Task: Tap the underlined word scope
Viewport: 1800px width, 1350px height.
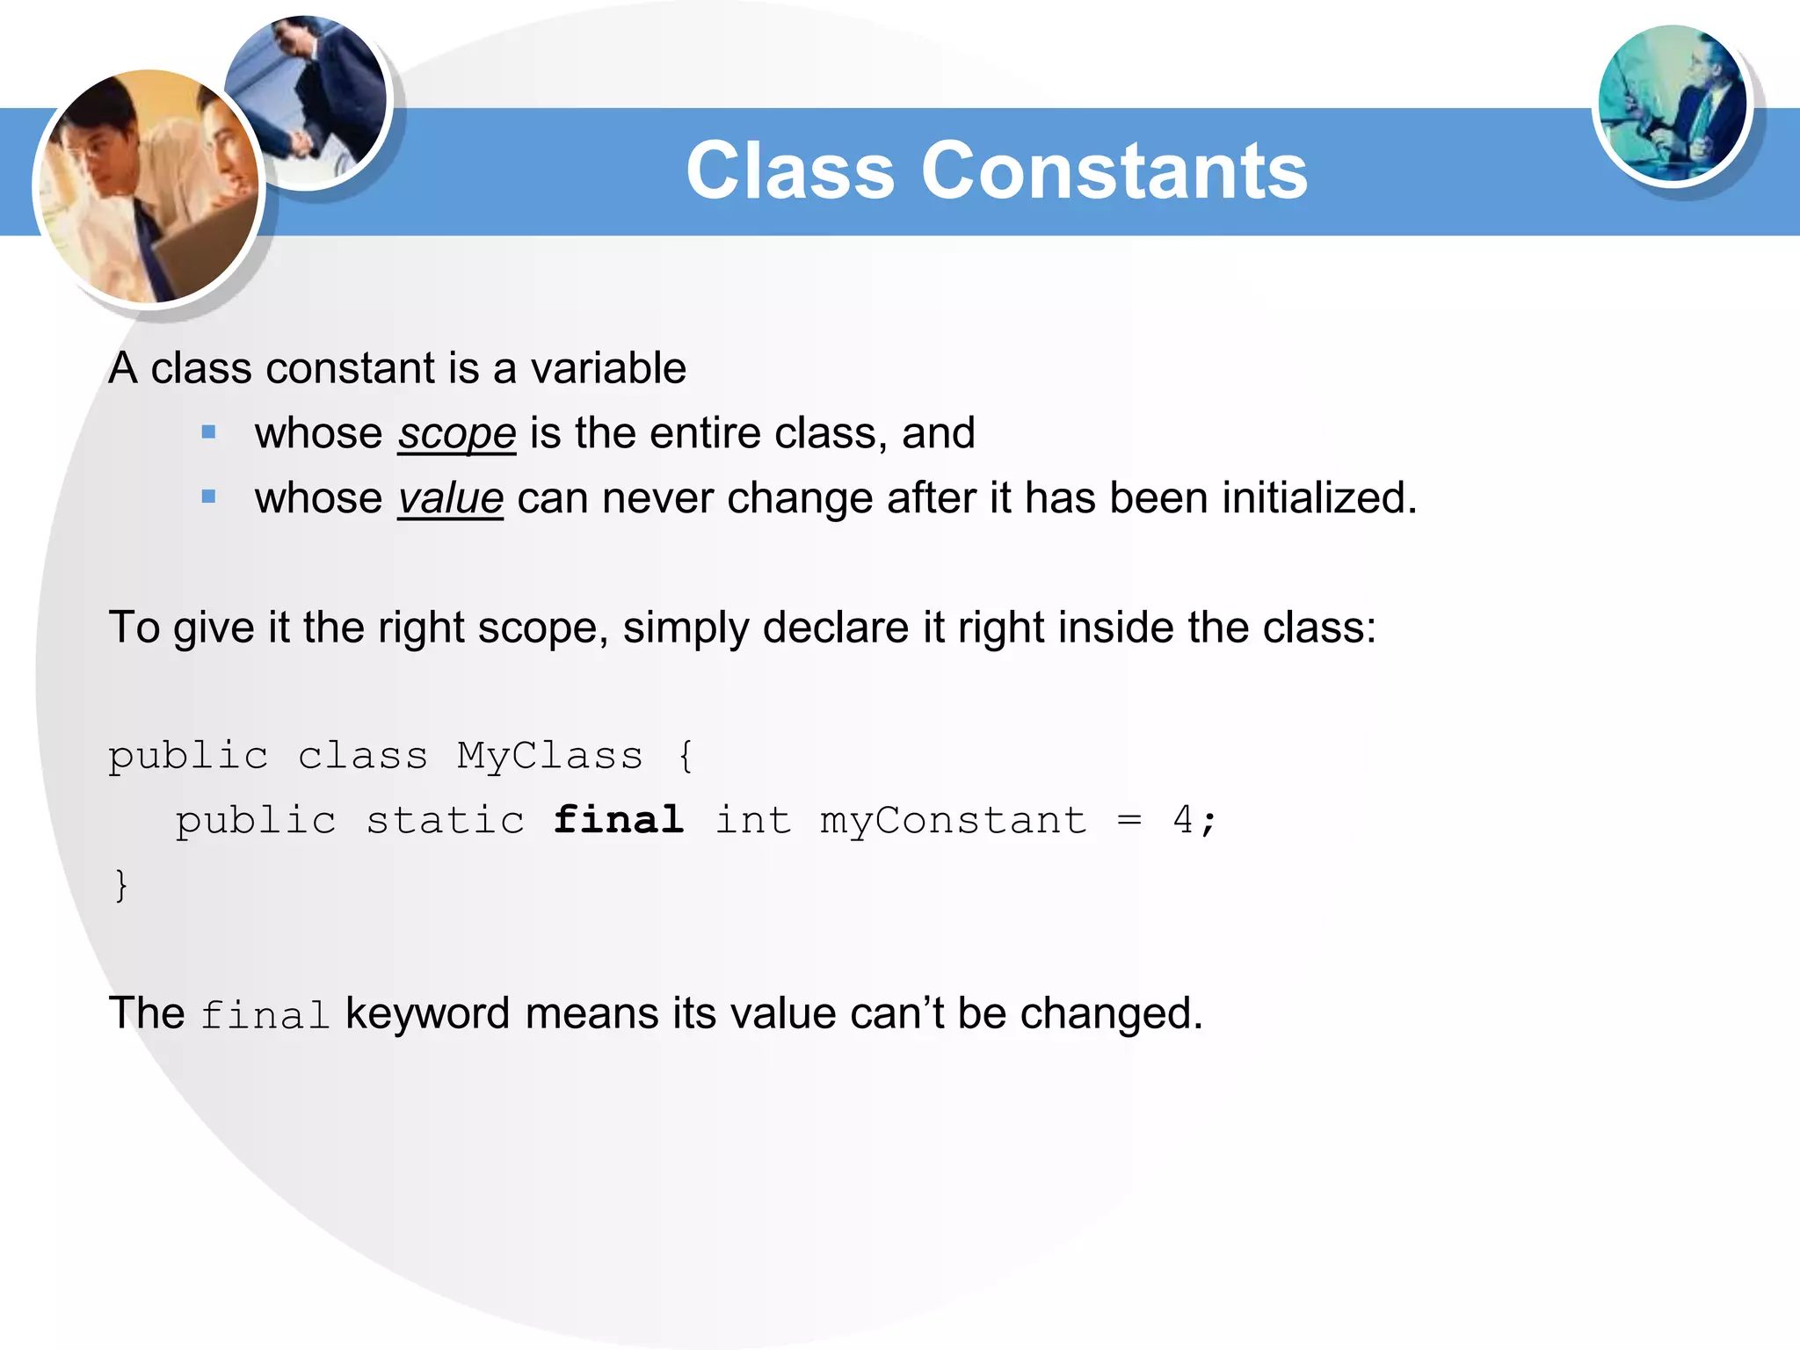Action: tap(456, 433)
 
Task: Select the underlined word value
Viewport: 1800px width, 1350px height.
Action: tap(450, 498)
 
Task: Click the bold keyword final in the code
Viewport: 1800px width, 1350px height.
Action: tap(619, 820)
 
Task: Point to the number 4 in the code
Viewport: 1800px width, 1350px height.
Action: tap(1183, 820)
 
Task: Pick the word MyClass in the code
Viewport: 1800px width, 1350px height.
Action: tap(549, 756)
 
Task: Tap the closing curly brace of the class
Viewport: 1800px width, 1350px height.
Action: tap(121, 885)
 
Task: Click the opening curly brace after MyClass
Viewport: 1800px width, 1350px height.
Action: tap(686, 756)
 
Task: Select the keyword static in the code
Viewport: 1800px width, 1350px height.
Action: tap(445, 820)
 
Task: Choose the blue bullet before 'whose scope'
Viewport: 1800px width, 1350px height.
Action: tap(208, 432)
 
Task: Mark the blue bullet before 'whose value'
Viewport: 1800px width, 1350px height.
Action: tap(208, 497)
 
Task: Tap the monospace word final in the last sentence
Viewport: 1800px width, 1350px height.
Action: tap(265, 1015)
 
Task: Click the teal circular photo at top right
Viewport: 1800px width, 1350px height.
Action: tap(1672, 104)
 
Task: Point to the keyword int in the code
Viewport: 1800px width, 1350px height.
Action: tap(752, 820)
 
